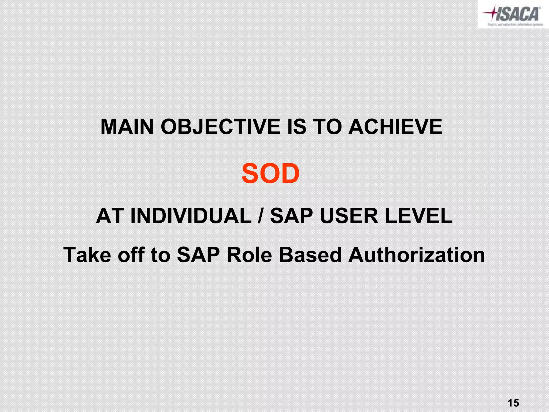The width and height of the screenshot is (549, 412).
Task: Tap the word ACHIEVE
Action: coord(395,127)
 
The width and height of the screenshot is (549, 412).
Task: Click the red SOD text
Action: coord(270,174)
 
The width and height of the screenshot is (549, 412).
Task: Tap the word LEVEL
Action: coord(419,216)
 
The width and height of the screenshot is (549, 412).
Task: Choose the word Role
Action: coord(249,255)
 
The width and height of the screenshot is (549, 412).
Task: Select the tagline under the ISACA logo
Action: coord(515,24)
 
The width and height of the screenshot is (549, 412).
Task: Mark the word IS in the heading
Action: coord(296,127)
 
